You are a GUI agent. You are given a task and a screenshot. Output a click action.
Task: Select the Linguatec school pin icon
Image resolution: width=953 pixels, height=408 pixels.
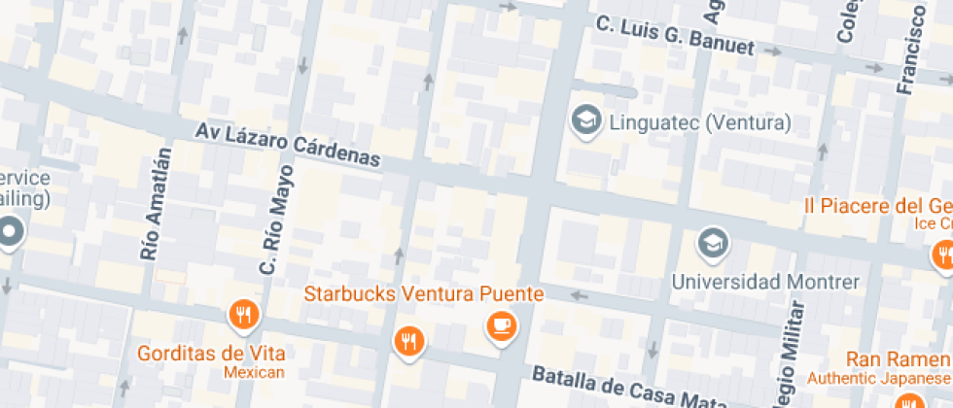pyautogui.click(x=585, y=121)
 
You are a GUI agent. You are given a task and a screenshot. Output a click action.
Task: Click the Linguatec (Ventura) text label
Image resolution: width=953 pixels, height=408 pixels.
pyautogui.click(x=699, y=123)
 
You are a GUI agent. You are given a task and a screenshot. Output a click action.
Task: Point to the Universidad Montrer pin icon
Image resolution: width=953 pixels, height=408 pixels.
pyautogui.click(x=714, y=243)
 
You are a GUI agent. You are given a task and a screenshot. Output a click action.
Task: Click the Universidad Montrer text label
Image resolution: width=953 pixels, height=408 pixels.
pyautogui.click(x=766, y=283)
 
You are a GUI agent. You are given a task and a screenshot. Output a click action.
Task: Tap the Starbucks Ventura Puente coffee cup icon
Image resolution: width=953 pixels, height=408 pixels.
pyautogui.click(x=502, y=325)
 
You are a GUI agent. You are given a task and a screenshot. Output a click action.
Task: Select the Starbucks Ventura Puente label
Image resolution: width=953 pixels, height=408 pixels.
pyautogui.click(x=424, y=293)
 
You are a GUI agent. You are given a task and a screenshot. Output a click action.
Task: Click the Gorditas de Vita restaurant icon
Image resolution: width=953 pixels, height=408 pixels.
pyautogui.click(x=243, y=314)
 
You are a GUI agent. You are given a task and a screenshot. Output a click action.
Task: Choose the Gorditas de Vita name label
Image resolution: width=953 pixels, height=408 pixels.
pyautogui.click(x=210, y=353)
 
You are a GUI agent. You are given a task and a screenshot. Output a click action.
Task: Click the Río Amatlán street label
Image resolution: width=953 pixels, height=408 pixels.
pyautogui.click(x=156, y=204)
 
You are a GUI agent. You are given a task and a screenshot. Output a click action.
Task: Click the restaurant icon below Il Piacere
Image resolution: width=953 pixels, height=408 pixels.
pyautogui.click(x=943, y=255)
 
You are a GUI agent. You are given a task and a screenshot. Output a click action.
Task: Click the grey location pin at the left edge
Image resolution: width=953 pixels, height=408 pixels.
pyautogui.click(x=11, y=232)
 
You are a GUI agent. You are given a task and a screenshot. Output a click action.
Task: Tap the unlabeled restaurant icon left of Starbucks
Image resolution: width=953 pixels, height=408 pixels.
pyautogui.click(x=408, y=340)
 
